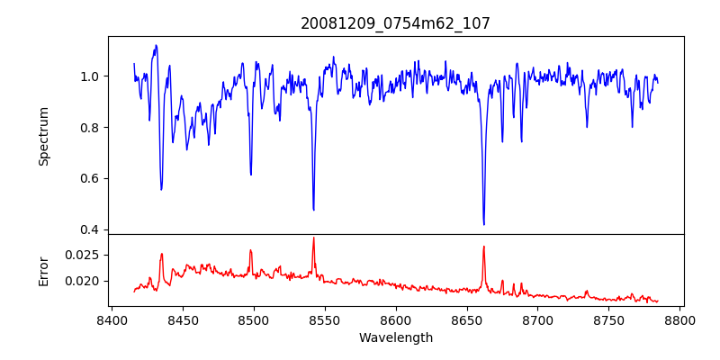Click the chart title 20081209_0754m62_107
pyautogui.click(x=395, y=23)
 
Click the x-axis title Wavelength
pyautogui.click(x=395, y=338)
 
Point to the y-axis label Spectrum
pyautogui.click(x=44, y=136)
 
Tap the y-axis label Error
pyautogui.click(x=44, y=270)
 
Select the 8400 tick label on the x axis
pyautogui.click(x=111, y=320)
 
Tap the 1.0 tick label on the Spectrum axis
pyautogui.click(x=91, y=76)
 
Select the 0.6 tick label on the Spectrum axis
pyautogui.click(x=91, y=178)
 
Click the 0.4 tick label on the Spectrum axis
pyautogui.click(x=91, y=229)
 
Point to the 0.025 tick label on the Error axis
pyautogui.click(x=84, y=256)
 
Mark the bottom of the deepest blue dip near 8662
pyautogui.click(x=484, y=224)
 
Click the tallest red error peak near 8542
pyautogui.click(x=313, y=238)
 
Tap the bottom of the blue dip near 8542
pyautogui.click(x=313, y=210)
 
